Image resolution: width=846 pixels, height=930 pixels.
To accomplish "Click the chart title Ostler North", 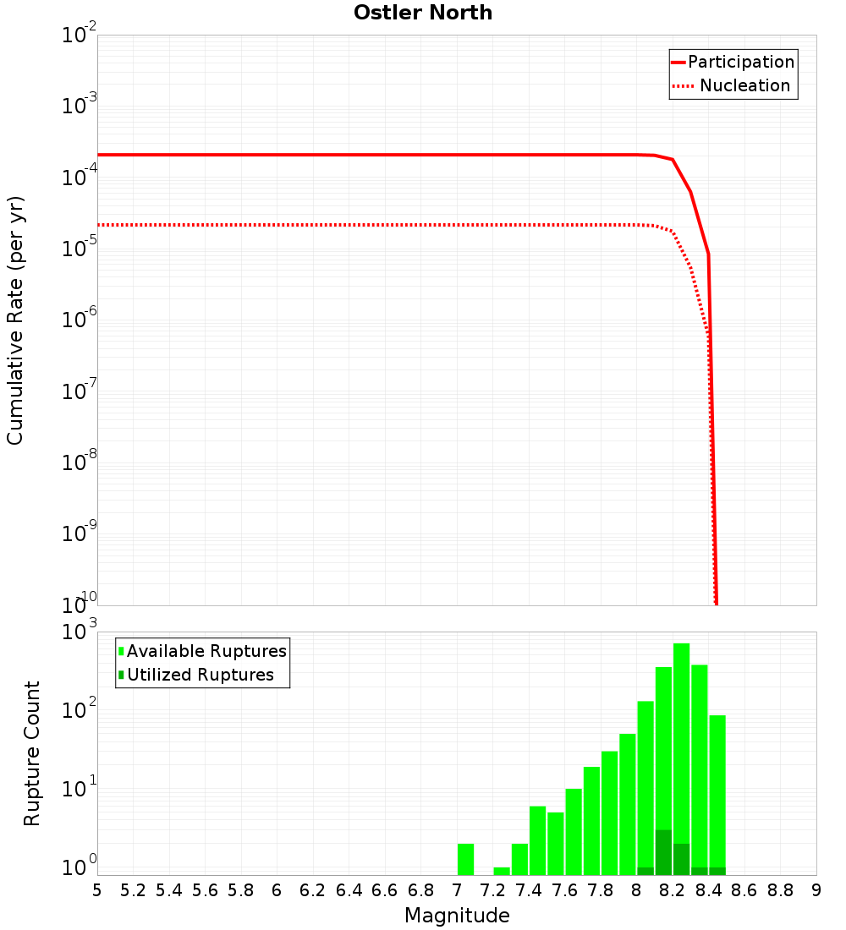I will click(423, 13).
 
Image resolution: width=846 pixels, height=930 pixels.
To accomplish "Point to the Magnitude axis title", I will click(457, 916).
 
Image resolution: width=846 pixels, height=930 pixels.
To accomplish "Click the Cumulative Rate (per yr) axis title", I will click(15, 320).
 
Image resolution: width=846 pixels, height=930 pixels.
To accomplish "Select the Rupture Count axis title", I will click(32, 752).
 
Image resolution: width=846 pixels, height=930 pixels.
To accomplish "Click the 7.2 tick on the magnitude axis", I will click(493, 890).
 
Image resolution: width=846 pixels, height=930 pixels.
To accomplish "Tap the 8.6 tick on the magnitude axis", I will click(744, 890).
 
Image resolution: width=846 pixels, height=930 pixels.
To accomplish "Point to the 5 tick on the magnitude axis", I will click(97, 890).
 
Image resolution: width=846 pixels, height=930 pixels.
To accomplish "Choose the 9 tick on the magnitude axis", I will click(816, 890).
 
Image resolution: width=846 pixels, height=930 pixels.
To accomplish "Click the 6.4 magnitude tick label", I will click(349, 890).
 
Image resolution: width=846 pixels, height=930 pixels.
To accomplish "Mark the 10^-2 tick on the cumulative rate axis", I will click(79, 36).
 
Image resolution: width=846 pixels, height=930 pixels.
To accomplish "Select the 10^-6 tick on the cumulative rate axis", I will click(79, 320).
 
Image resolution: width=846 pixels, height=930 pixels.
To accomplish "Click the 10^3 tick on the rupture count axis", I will click(79, 632).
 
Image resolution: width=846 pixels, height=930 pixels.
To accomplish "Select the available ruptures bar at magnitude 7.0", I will click(465, 859).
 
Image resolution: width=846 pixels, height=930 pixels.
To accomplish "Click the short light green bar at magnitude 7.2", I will click(502, 871).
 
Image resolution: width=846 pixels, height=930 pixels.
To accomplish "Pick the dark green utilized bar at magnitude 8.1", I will click(663, 852).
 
